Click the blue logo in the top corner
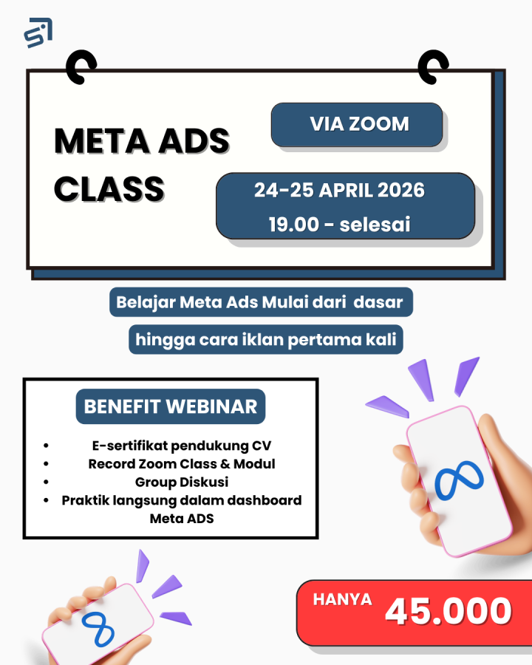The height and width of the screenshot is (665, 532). [x=38, y=33]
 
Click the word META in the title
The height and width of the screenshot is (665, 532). [x=102, y=141]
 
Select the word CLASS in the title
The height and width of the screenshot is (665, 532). [x=109, y=188]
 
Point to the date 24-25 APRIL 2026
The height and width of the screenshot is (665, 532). [x=339, y=190]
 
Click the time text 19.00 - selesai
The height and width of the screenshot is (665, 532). [x=339, y=225]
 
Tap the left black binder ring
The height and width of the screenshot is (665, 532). [x=81, y=66]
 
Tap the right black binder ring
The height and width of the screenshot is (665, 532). [x=433, y=66]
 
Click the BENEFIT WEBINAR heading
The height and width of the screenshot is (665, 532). [x=171, y=406]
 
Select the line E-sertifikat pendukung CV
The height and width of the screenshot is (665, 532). [x=182, y=446]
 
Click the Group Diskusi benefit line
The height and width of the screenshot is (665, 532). [x=182, y=482]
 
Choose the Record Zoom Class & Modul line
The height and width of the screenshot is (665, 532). [x=182, y=464]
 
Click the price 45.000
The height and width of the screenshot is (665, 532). [x=448, y=611]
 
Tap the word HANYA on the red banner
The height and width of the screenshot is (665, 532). [x=342, y=599]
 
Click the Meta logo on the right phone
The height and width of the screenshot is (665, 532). [x=459, y=480]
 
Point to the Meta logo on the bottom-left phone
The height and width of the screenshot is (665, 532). [x=98, y=630]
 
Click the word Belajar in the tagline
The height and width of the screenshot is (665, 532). [x=146, y=303]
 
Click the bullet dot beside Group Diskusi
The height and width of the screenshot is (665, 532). [x=46, y=482]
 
